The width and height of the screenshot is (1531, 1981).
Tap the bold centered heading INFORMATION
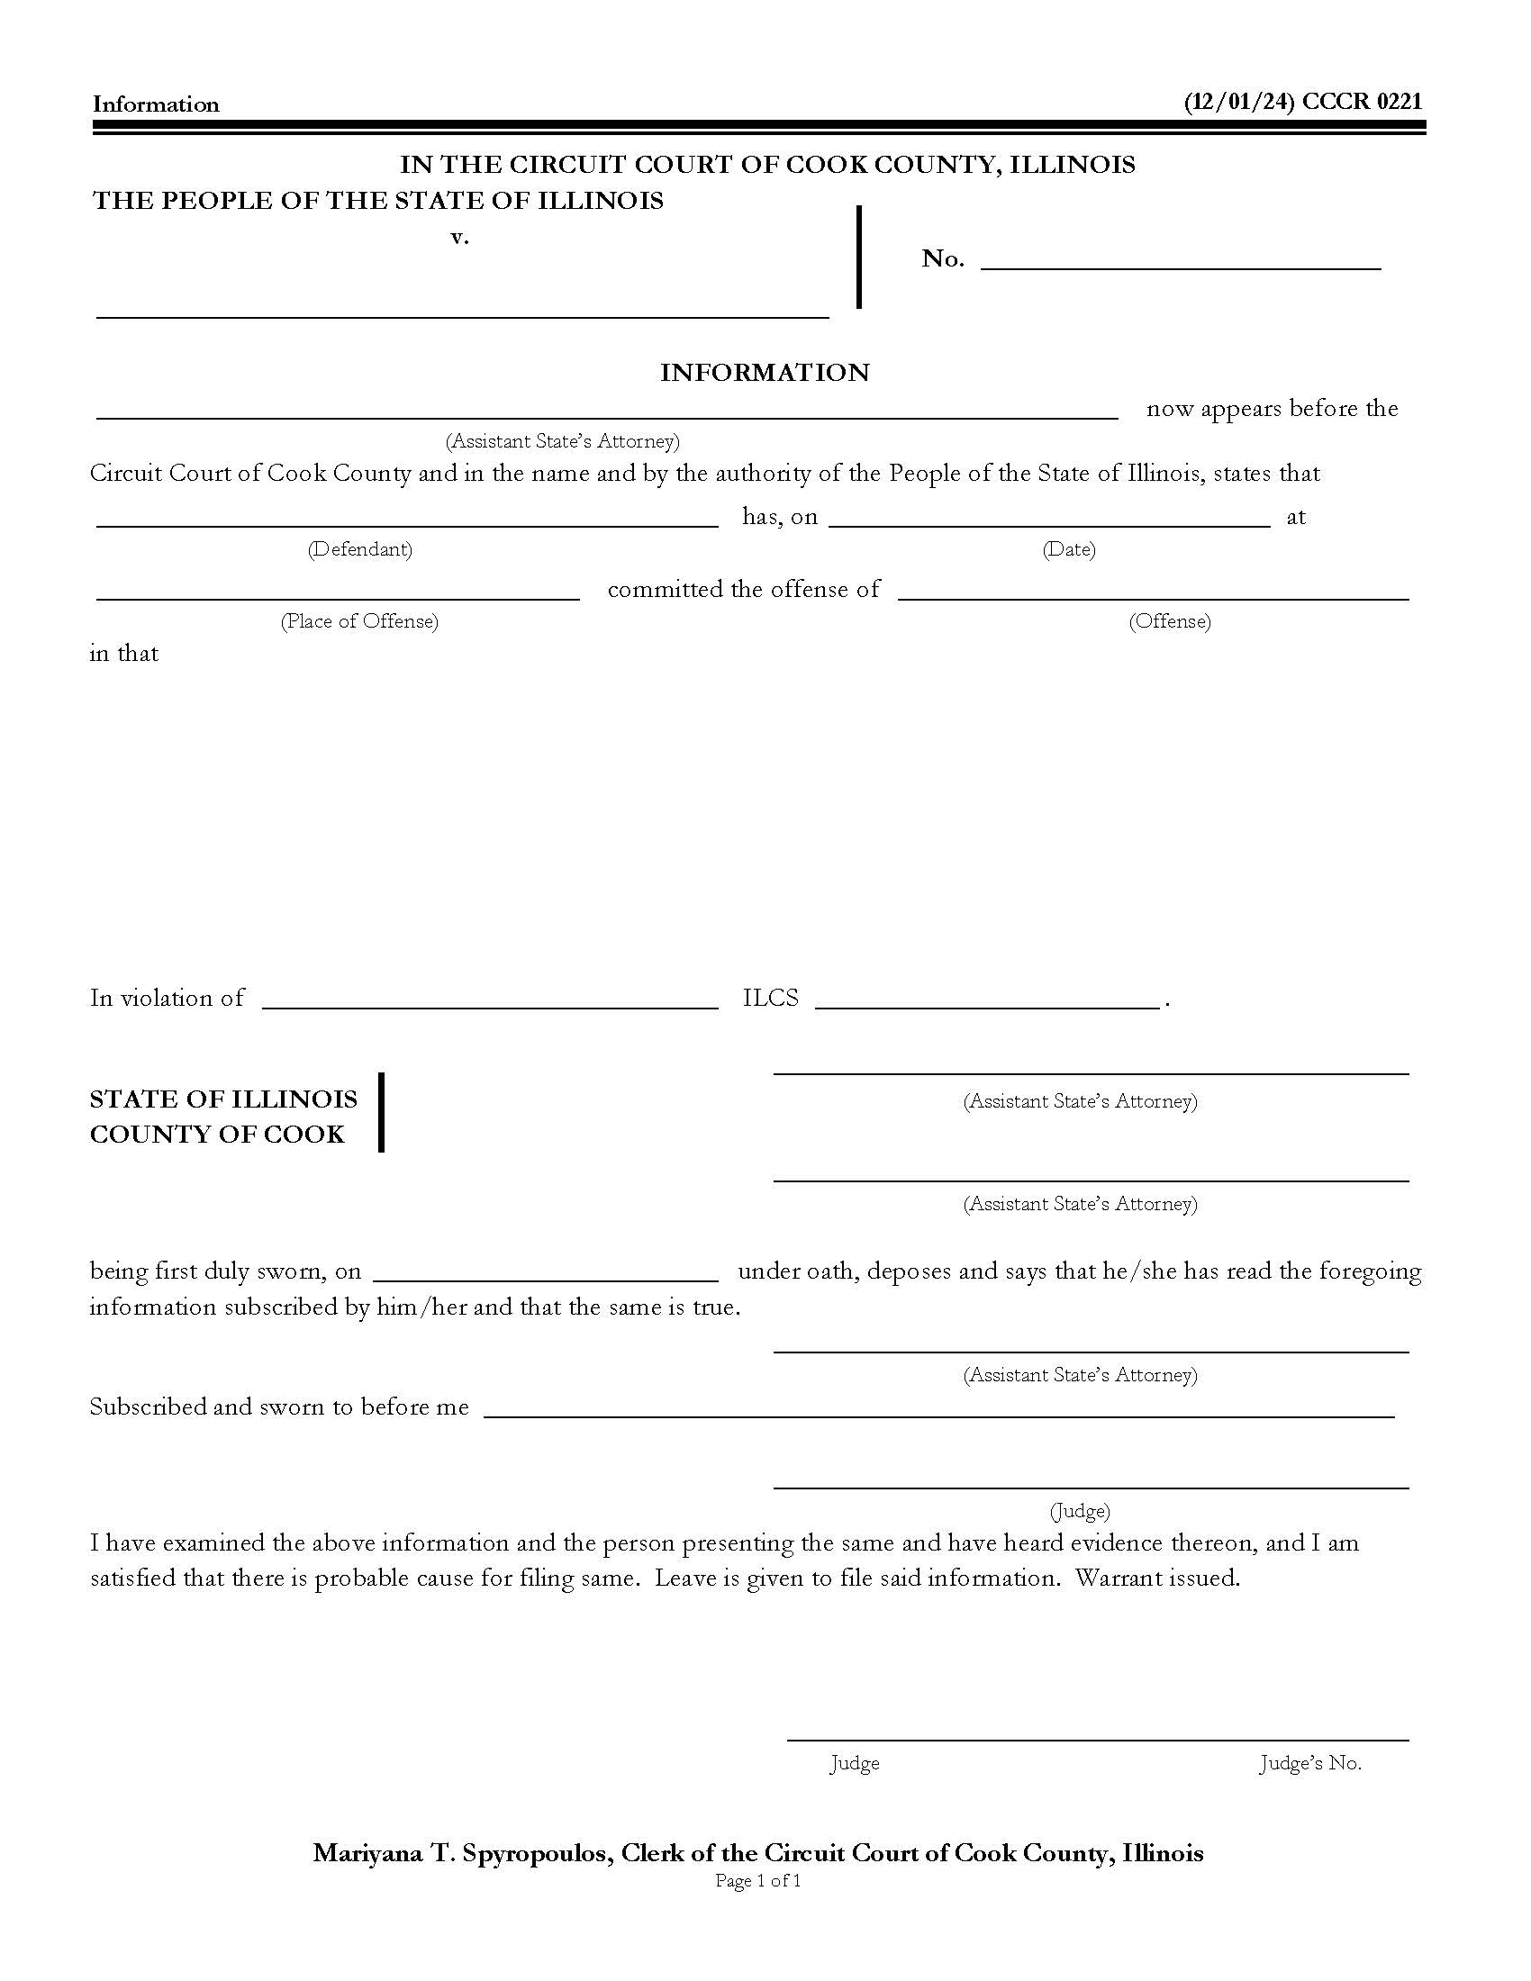click(x=765, y=373)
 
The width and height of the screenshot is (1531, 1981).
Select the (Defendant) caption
click(x=360, y=549)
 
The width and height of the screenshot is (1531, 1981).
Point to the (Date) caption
click(x=1068, y=549)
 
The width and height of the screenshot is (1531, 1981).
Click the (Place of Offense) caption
click(x=359, y=621)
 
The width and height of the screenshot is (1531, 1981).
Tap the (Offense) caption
click(x=1169, y=621)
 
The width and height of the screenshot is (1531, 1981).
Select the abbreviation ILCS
click(x=770, y=998)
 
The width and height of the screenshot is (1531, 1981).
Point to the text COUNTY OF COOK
click(x=217, y=1135)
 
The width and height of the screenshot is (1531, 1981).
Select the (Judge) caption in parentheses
click(x=1079, y=1511)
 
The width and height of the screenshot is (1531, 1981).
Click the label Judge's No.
click(x=1309, y=1763)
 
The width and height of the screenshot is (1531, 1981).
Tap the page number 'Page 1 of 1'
click(x=758, y=1881)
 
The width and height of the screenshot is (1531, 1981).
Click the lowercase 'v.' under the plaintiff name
click(x=460, y=238)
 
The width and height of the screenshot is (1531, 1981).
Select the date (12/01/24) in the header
click(x=1238, y=102)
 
